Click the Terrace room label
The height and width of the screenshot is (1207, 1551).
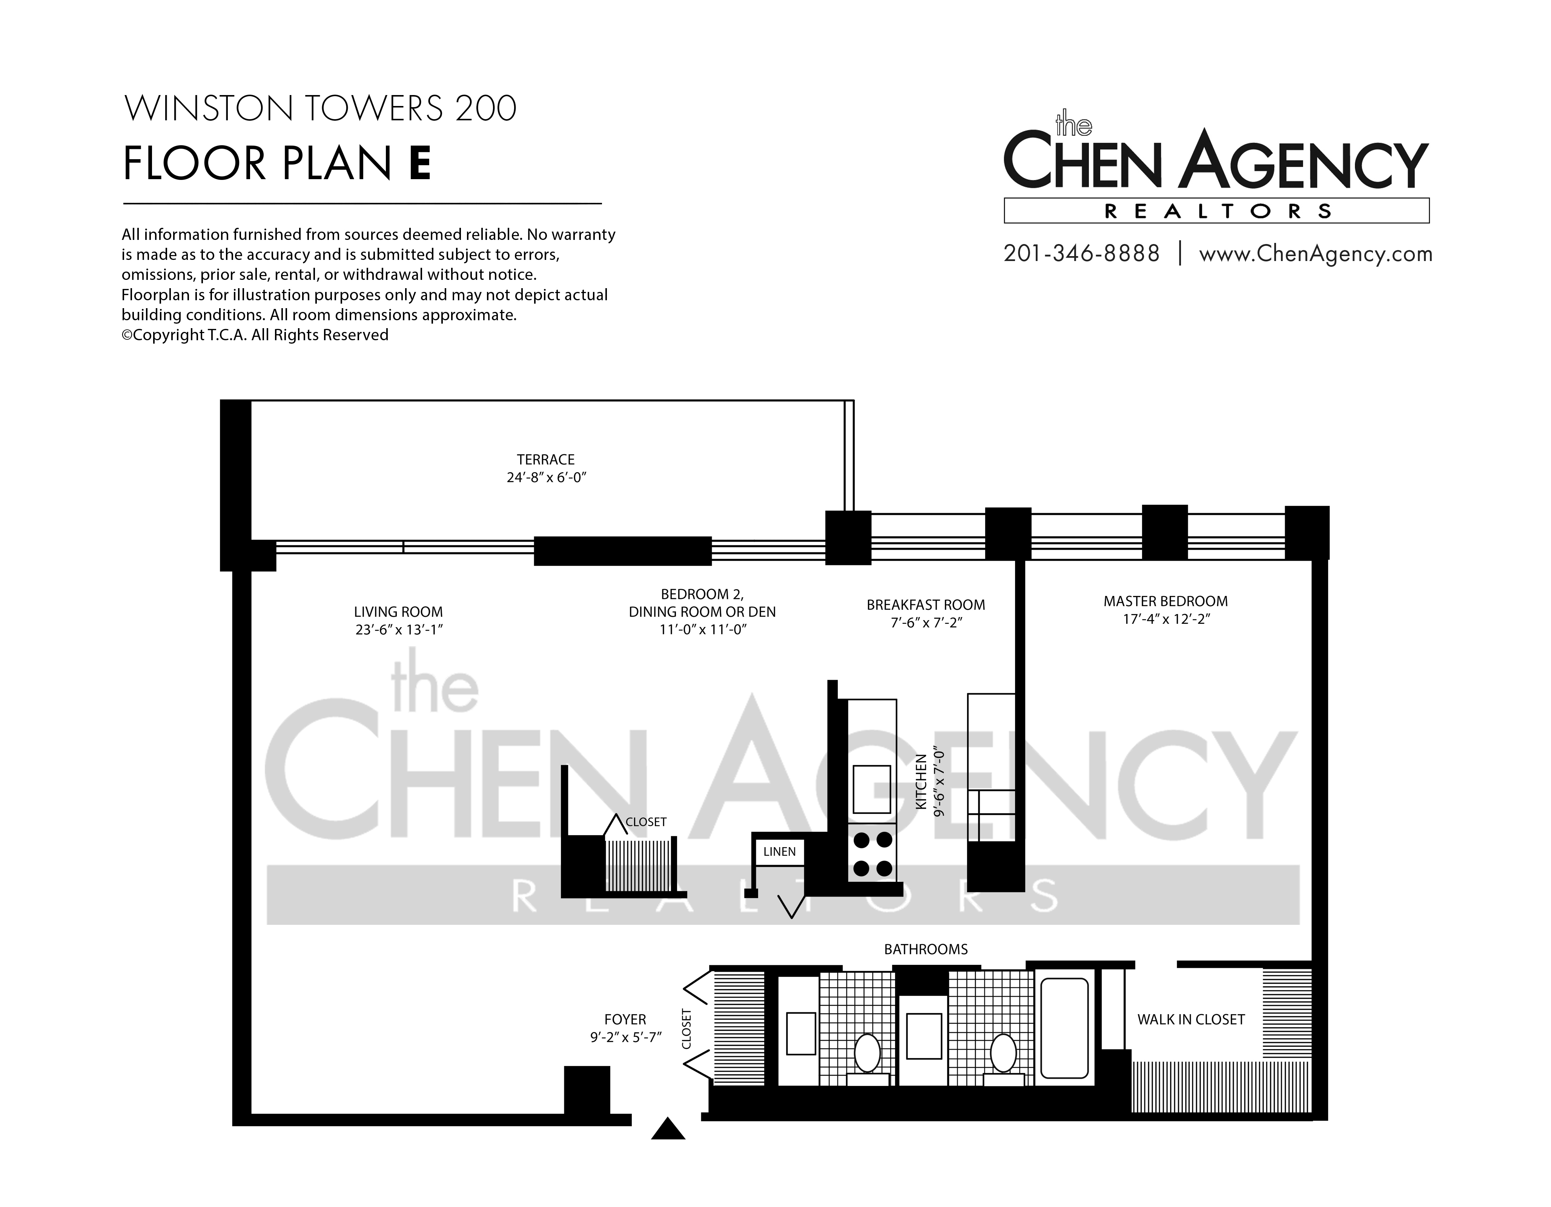(545, 459)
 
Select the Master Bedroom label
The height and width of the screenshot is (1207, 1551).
(1166, 601)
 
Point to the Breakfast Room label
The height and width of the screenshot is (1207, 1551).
(925, 605)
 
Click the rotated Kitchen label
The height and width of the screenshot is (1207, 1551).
(921, 782)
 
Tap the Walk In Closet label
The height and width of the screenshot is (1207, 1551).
(1191, 1020)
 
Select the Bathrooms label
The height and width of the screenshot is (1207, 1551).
(925, 949)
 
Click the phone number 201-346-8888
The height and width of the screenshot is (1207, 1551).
(1081, 253)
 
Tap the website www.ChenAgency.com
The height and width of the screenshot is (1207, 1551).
(1315, 254)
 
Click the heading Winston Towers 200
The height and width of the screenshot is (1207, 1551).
(320, 109)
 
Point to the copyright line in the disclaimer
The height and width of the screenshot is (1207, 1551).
(255, 335)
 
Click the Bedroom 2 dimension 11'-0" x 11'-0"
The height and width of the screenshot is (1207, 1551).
(702, 630)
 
